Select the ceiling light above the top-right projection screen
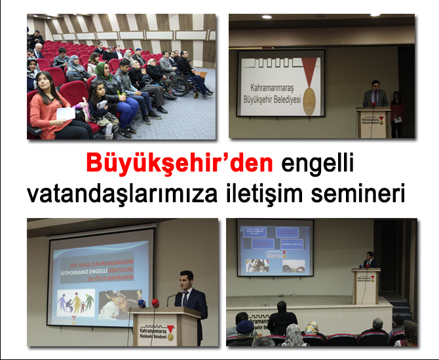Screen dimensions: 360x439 pos(267,16)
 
